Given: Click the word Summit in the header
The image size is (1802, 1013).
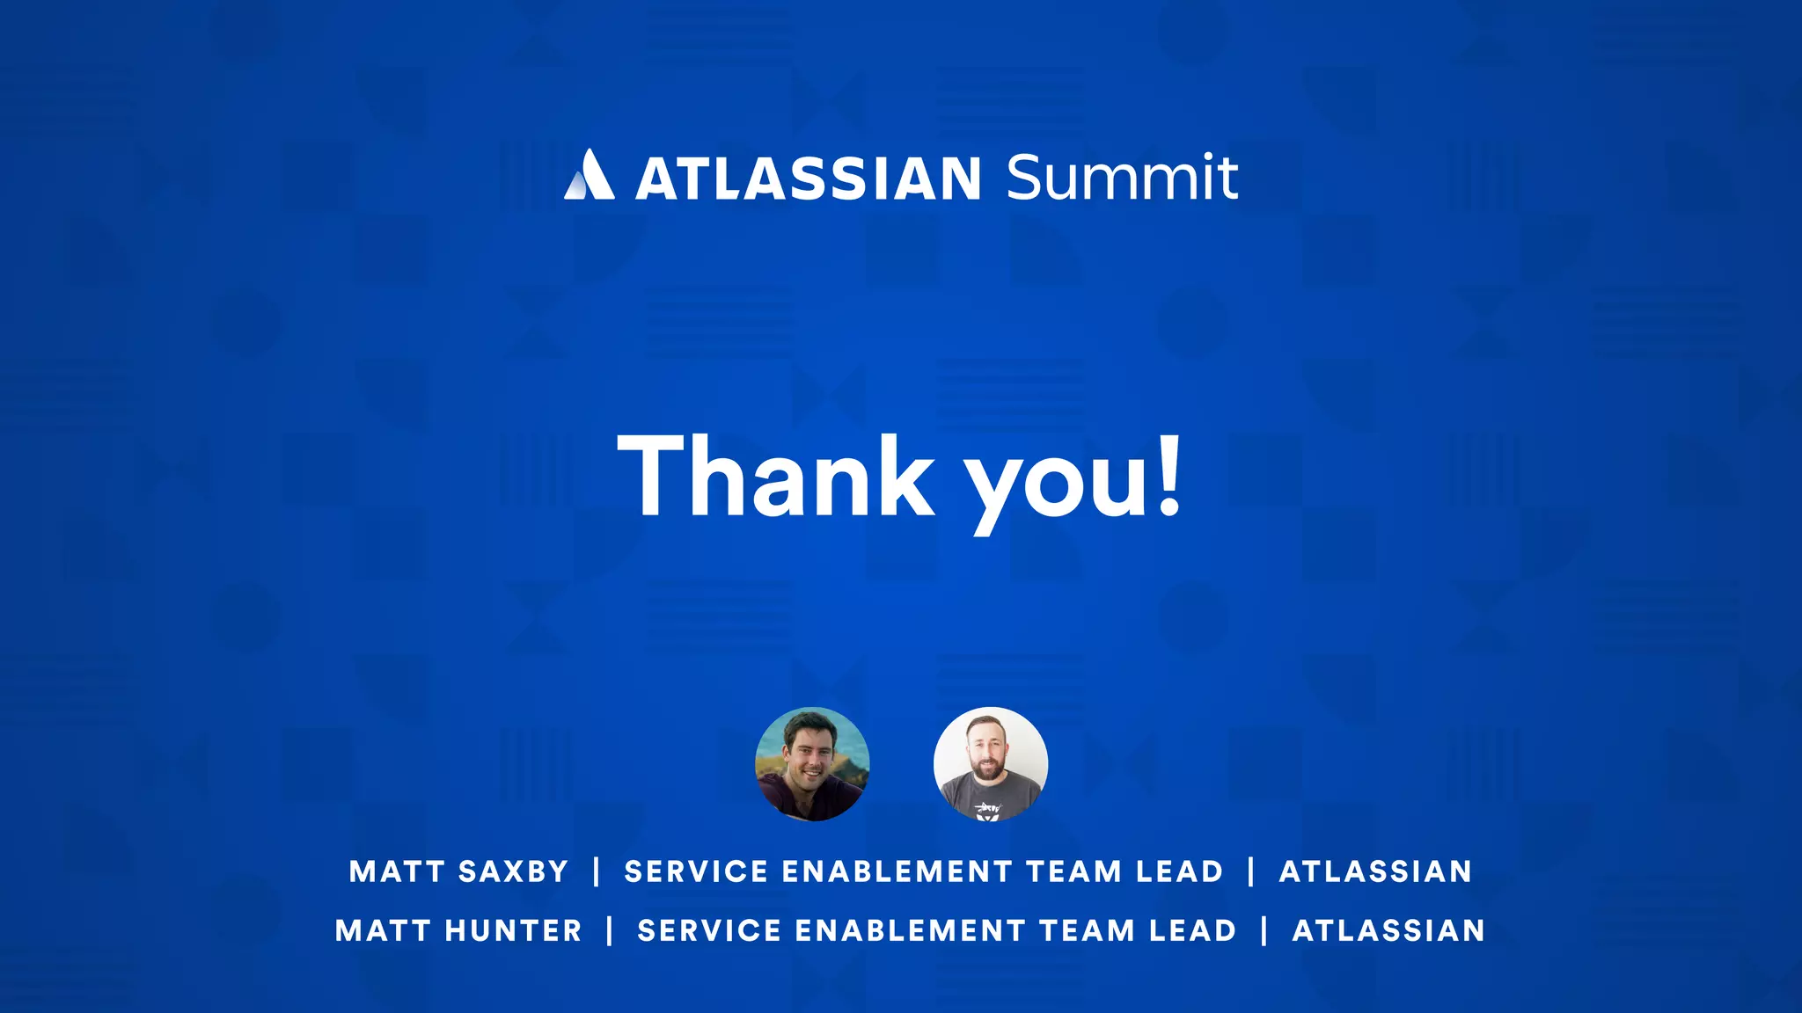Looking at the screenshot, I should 1122,177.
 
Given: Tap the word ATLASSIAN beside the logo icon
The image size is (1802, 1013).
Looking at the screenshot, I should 808,179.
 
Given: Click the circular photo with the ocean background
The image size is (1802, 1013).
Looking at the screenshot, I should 812,764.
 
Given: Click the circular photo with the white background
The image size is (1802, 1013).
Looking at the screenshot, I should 991,764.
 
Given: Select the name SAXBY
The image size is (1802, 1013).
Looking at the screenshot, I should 513,871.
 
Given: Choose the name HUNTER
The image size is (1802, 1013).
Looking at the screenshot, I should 514,930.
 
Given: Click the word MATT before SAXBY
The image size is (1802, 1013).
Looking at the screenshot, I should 397,871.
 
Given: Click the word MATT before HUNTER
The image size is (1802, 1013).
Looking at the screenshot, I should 384,930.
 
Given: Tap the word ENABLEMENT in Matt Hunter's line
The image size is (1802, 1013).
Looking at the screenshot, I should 910,930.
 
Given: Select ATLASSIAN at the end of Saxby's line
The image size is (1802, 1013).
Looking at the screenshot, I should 1375,871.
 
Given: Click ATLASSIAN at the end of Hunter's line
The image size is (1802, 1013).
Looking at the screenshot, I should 1388,930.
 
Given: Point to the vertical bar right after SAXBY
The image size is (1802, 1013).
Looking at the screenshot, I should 597,871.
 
